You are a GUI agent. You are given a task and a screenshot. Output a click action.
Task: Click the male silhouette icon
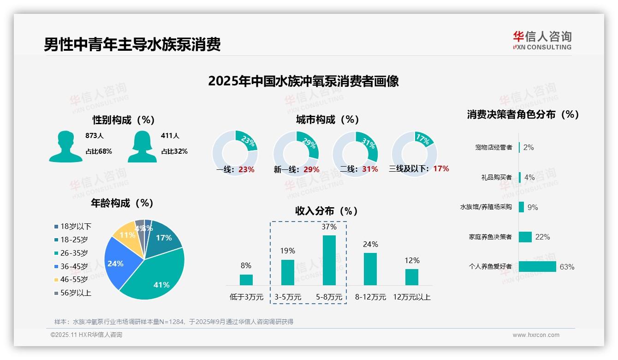(66, 146)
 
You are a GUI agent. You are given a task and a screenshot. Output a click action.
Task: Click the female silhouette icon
(142, 146)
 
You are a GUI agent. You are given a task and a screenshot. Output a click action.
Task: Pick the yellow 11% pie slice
(125, 234)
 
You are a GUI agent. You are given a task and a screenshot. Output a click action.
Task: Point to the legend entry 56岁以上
(73, 293)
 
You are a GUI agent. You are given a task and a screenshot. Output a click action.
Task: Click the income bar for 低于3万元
(246, 280)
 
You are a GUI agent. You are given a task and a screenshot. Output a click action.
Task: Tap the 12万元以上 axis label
(411, 297)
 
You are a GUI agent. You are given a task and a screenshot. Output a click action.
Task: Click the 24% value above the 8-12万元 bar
(370, 244)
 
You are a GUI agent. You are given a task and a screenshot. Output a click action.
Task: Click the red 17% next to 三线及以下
(441, 168)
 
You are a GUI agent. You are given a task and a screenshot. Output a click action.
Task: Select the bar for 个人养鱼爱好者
(537, 266)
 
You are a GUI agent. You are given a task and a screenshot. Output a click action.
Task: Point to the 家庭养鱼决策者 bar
(525, 237)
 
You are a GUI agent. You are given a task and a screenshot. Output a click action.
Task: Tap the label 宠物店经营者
(493, 147)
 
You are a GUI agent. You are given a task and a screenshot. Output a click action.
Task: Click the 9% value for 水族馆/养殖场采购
(533, 207)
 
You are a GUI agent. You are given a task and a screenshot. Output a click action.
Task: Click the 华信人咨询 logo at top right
(542, 40)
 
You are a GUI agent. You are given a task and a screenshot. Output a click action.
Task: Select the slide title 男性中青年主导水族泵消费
(132, 44)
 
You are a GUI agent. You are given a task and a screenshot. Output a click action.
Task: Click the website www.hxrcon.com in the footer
(536, 335)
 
